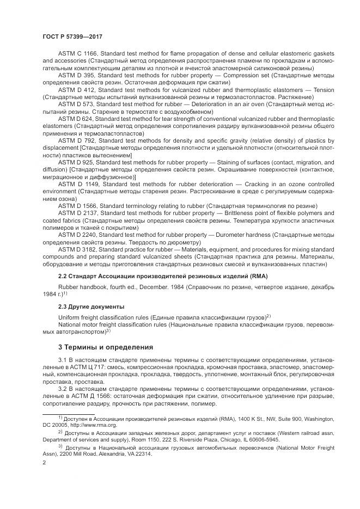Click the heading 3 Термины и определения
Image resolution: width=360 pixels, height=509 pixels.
(106, 347)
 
